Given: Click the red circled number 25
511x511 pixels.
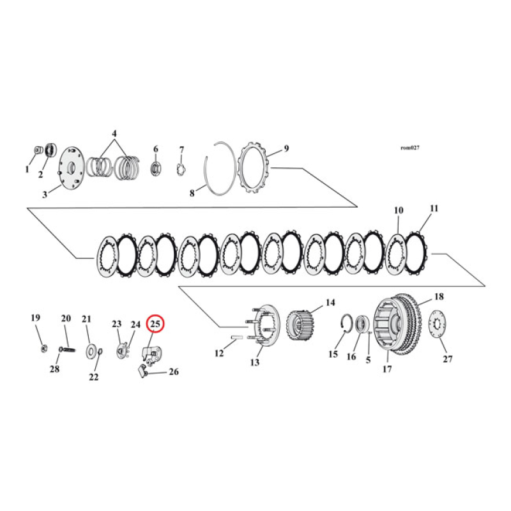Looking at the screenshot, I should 156,324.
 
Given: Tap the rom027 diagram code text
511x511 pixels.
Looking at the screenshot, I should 409,148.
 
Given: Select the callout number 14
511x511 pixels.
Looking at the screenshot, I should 330,303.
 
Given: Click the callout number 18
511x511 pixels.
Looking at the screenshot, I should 439,297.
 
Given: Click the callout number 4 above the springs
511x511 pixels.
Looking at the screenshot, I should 114,133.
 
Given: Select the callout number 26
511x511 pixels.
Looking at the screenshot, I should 174,372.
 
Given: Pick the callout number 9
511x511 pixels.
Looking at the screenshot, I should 286,148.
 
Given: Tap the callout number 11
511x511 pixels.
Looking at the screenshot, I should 434,208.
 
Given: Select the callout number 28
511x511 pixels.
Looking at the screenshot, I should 54,368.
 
